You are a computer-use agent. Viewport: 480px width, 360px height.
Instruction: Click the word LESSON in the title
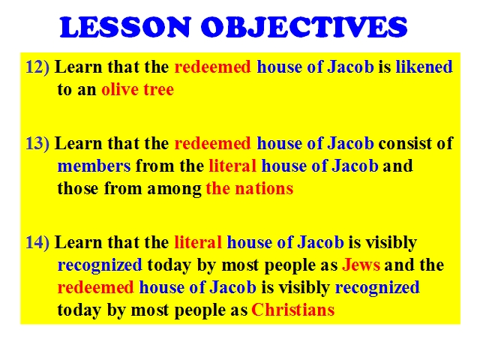tap(125, 27)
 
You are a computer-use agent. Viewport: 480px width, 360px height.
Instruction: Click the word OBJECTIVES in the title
tap(304, 27)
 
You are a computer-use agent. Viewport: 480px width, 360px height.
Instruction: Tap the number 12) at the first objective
tap(37, 67)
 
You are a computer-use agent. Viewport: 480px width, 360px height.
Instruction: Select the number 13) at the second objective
tap(37, 143)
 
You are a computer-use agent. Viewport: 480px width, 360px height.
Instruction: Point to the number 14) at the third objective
tap(37, 242)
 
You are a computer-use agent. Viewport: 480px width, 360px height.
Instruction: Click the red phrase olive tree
tap(138, 89)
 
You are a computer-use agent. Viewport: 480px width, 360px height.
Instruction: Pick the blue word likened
tap(424, 67)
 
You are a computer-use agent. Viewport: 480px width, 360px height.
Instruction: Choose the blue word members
tap(94, 166)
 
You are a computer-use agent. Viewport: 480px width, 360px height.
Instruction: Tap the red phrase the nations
tap(250, 188)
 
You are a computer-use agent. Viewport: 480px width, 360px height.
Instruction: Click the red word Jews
tap(361, 265)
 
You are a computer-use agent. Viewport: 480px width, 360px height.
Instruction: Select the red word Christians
tap(293, 310)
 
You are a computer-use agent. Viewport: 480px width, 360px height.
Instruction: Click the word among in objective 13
tap(174, 189)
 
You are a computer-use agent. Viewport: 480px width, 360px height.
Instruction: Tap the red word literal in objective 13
tap(232, 166)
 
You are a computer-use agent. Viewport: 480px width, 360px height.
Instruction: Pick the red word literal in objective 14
tap(198, 242)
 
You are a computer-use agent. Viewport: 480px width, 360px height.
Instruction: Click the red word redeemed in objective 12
tap(212, 67)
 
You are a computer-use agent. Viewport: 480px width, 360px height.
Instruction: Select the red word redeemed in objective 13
tap(212, 143)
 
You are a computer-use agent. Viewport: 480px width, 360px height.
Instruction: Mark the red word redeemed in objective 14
tap(95, 287)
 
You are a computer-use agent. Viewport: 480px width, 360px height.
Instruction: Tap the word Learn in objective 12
tap(78, 67)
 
